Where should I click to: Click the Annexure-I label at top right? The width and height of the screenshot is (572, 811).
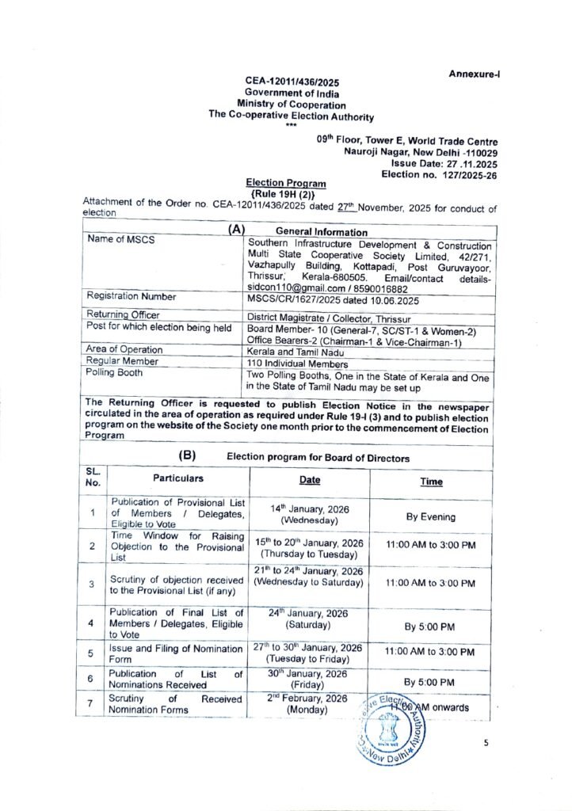click(475, 74)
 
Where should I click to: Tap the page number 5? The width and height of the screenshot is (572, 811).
click(487, 744)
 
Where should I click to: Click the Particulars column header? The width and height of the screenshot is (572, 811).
click(178, 478)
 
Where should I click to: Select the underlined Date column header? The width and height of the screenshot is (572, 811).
click(310, 480)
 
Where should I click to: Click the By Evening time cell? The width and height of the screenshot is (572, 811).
click(431, 517)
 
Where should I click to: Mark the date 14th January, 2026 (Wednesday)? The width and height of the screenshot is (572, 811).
click(309, 515)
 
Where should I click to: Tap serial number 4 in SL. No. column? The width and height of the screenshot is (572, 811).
click(93, 623)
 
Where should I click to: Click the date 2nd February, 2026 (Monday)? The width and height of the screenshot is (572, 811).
click(307, 703)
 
